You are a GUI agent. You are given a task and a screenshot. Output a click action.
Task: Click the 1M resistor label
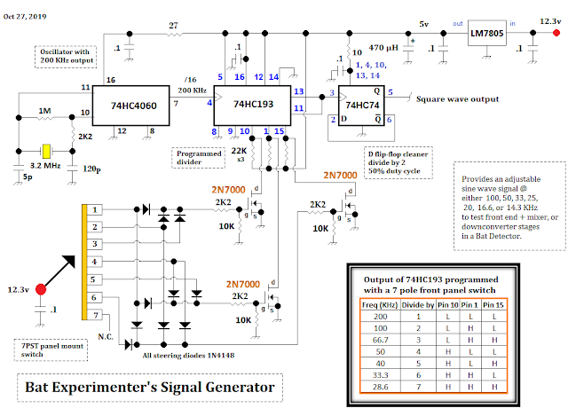point(44,114)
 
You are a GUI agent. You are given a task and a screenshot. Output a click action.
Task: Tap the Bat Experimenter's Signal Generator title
point(147,388)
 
